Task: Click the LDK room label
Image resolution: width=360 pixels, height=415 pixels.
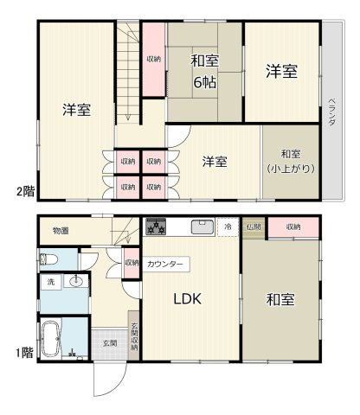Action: pos(187,299)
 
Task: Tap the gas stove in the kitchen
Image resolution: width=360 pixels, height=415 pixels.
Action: pos(156,227)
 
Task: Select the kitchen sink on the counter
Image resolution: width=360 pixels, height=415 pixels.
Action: pos(202,227)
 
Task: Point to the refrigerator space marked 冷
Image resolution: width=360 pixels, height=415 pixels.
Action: pos(228,227)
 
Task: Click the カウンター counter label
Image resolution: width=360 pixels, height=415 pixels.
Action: pos(165,264)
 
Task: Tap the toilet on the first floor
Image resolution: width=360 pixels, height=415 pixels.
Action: pos(48,259)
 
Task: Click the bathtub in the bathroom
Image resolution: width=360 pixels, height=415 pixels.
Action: pos(51,339)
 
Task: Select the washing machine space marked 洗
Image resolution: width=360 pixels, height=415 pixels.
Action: pos(51,282)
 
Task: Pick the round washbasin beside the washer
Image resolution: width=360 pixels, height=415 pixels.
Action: pos(76,281)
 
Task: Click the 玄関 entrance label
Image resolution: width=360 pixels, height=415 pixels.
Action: pos(110,343)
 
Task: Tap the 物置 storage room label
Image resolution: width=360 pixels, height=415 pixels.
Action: pos(61,231)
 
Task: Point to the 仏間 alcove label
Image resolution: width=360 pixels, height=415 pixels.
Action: pos(254,227)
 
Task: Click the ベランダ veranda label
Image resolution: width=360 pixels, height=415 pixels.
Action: pos(332,112)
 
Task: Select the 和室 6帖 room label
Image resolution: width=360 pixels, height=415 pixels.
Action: pos(205,72)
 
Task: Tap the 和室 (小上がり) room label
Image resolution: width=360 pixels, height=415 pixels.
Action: pos(291,161)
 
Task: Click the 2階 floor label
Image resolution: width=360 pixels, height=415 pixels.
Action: pos(25,191)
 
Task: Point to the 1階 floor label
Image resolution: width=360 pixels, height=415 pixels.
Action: pos(24,353)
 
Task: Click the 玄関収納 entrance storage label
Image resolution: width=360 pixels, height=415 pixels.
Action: pos(134,336)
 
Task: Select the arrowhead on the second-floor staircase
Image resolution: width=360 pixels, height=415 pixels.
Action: pos(128,118)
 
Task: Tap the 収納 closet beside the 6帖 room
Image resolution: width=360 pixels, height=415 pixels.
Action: pos(154,60)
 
